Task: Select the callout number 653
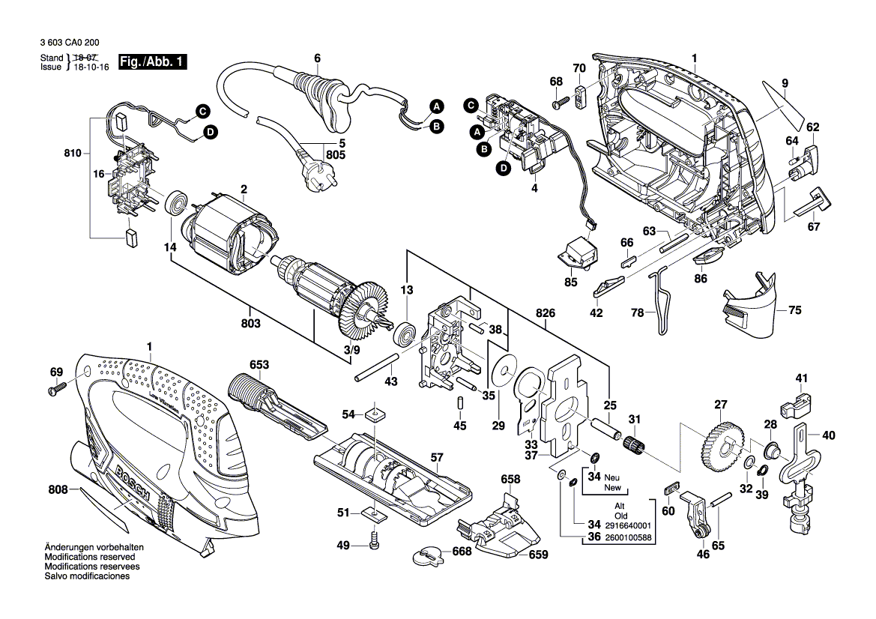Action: click(x=259, y=365)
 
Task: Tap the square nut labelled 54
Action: click(x=375, y=413)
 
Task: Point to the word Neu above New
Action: click(x=613, y=477)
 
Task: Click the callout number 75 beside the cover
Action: click(x=795, y=309)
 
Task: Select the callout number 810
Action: click(x=72, y=153)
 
